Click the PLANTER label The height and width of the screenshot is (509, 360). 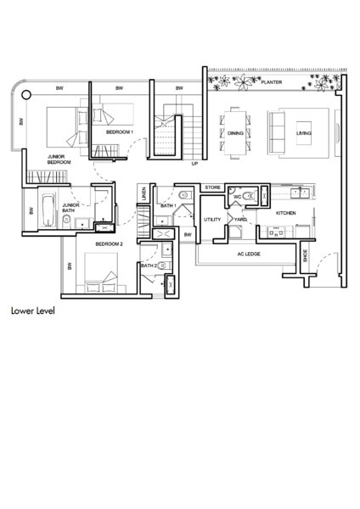tap(272, 82)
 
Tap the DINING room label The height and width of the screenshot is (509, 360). tap(235, 133)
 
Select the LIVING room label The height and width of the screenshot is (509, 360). tap(303, 133)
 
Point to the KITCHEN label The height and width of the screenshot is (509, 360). tap(285, 213)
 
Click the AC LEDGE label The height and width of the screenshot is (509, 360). tap(249, 254)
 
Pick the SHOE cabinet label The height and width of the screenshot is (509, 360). tap(305, 256)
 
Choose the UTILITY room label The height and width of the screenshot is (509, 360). tap(212, 220)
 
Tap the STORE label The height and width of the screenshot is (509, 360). tap(212, 187)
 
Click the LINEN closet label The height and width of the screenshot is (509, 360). tap(144, 193)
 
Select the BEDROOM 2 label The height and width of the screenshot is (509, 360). tap(110, 244)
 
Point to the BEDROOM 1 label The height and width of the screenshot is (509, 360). tap(120, 132)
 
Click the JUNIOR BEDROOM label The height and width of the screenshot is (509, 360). tap(59, 159)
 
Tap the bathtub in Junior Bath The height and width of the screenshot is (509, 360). tap(48, 210)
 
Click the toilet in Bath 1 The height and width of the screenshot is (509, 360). tap(183, 195)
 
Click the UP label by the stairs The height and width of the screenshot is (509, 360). tap(194, 164)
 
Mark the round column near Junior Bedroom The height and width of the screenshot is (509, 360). tap(26, 95)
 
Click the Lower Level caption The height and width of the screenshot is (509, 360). tap(33, 310)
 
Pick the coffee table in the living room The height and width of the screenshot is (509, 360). tap(304, 133)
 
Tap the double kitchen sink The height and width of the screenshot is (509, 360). tap(300, 193)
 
